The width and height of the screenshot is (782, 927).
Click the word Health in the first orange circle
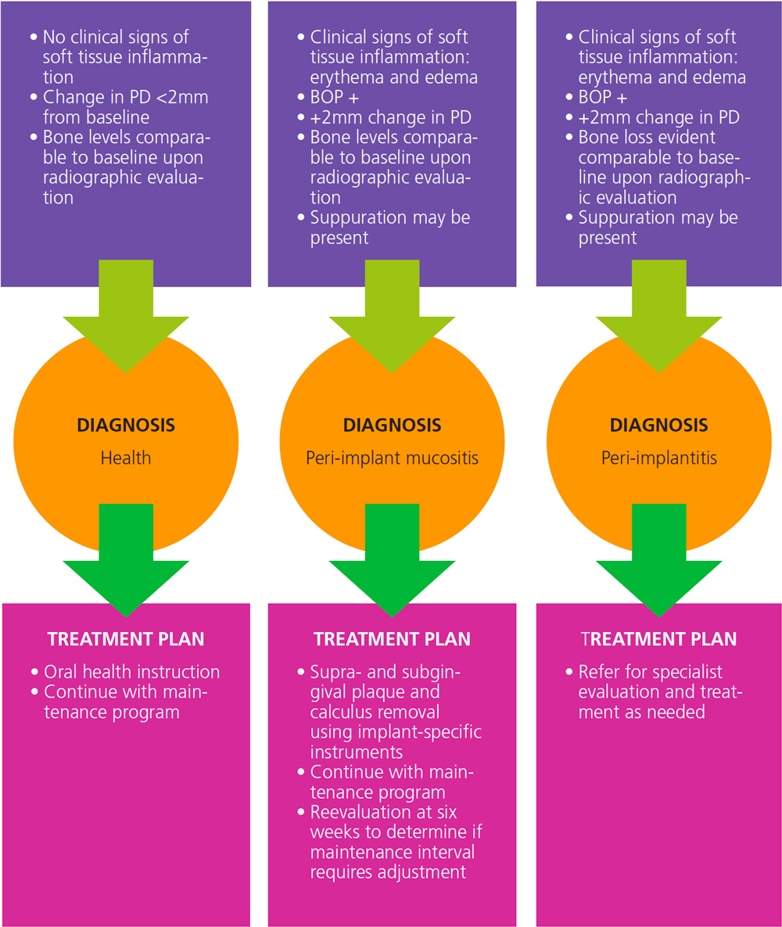(x=126, y=458)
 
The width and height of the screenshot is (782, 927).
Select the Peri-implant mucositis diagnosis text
(x=392, y=458)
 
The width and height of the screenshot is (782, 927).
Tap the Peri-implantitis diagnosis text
(x=658, y=458)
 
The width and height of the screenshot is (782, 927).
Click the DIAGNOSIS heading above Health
(x=126, y=426)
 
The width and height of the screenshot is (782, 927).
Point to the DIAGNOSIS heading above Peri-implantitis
(x=658, y=426)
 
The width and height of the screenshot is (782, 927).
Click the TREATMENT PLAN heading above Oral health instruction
(x=126, y=639)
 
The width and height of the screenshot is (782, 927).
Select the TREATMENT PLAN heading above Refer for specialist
(x=658, y=639)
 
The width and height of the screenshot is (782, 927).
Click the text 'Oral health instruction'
(x=131, y=672)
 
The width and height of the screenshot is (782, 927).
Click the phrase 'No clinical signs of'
(x=117, y=37)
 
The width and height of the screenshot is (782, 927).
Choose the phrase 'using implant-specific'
(x=396, y=732)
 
